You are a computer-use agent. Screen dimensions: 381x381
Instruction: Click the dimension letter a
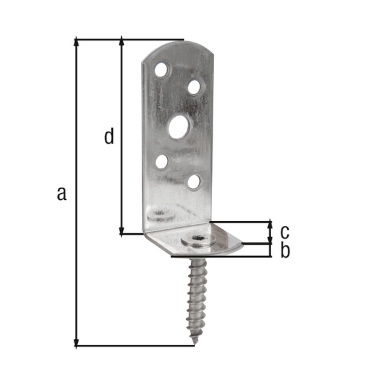click(62, 194)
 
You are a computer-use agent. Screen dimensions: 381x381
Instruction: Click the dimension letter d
click(109, 136)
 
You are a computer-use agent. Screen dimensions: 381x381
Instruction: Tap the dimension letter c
click(285, 232)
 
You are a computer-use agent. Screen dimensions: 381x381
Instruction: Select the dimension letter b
click(285, 251)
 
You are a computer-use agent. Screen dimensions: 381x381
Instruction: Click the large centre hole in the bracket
click(181, 127)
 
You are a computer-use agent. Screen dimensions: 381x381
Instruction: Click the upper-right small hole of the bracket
click(194, 87)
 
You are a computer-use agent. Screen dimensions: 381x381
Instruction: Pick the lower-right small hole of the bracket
click(194, 182)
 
